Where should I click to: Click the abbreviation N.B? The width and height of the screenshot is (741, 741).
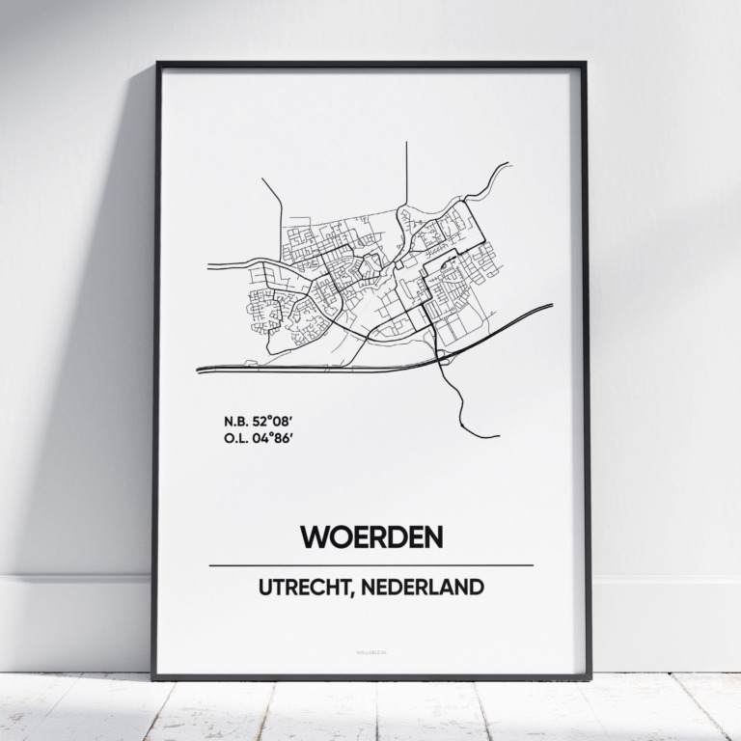coord(234,421)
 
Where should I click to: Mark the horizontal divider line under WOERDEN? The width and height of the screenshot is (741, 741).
coord(370,564)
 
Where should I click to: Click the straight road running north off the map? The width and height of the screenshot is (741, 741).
coord(406,169)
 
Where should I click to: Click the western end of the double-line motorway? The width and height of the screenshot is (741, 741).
coord(202,370)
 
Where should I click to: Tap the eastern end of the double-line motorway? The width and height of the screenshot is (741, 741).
coord(548,307)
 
